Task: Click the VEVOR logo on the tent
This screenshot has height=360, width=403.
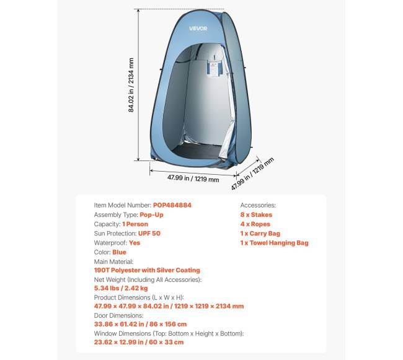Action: [198, 29]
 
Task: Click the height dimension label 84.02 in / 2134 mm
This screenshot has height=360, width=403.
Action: [131, 86]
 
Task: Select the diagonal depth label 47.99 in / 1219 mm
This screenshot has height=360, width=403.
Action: [252, 174]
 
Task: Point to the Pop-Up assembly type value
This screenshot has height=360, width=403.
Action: [151, 214]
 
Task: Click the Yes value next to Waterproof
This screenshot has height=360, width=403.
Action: [135, 243]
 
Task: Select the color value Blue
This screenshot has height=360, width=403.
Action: [119, 253]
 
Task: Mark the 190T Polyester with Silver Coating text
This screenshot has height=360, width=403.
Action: [147, 270]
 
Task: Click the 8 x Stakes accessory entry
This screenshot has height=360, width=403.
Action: [256, 214]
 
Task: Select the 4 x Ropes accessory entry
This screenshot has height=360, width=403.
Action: [255, 224]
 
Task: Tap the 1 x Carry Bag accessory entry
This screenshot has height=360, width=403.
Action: [260, 234]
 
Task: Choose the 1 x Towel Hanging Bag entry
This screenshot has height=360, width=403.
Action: [274, 243]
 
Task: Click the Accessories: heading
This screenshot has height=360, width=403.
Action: [258, 205]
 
